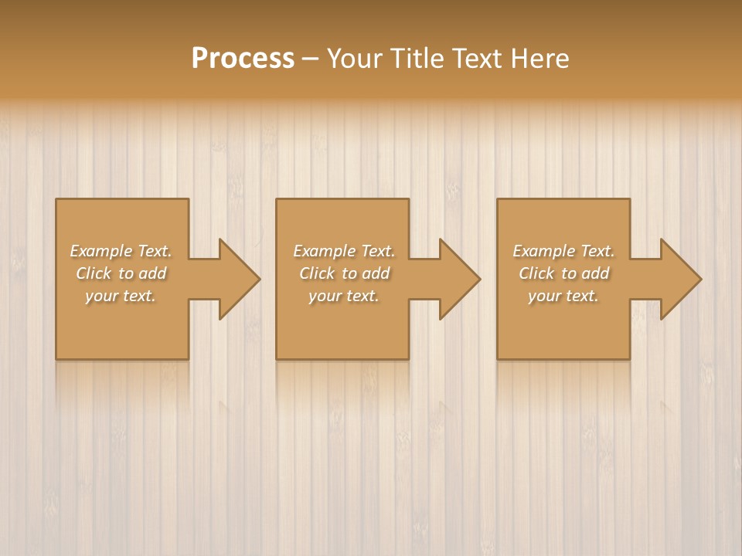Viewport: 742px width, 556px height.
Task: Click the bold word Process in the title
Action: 243,58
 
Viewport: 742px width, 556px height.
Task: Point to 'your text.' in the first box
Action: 121,296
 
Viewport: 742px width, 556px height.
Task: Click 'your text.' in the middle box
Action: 344,296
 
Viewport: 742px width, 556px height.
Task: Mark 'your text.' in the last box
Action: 563,296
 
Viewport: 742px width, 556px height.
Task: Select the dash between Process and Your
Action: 311,59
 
